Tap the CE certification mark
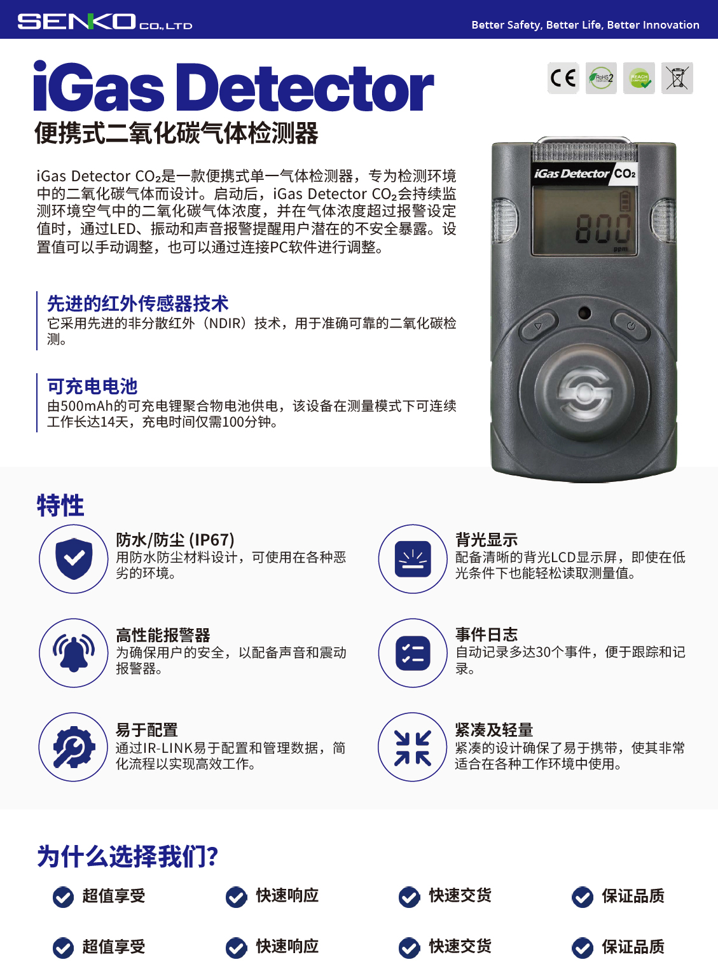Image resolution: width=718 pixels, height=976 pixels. click(x=563, y=78)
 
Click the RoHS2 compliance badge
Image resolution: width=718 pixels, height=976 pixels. click(x=601, y=78)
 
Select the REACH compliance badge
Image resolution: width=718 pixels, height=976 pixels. click(x=639, y=78)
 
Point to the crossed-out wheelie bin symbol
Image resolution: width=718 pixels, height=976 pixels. click(x=677, y=78)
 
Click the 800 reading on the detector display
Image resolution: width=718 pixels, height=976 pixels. click(x=602, y=229)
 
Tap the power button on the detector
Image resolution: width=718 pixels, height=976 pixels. click(x=630, y=326)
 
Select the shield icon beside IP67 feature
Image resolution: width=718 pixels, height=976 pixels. click(x=74, y=559)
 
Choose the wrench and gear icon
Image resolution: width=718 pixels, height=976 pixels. click(x=74, y=747)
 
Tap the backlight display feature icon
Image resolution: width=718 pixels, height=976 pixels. click(x=413, y=559)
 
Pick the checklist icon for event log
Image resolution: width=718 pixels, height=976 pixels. click(x=413, y=653)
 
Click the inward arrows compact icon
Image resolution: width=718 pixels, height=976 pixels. click(x=413, y=748)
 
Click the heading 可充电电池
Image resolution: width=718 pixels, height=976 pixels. click(x=92, y=386)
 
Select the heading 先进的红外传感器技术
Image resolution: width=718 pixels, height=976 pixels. click(x=137, y=303)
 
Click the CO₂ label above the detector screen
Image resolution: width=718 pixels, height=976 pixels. click(x=625, y=174)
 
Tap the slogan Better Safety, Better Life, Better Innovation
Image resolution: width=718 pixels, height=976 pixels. click(x=585, y=25)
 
